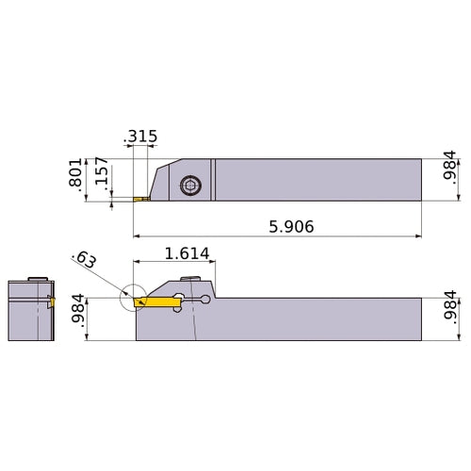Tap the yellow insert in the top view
point(142,200)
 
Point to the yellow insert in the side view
point(155,302)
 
